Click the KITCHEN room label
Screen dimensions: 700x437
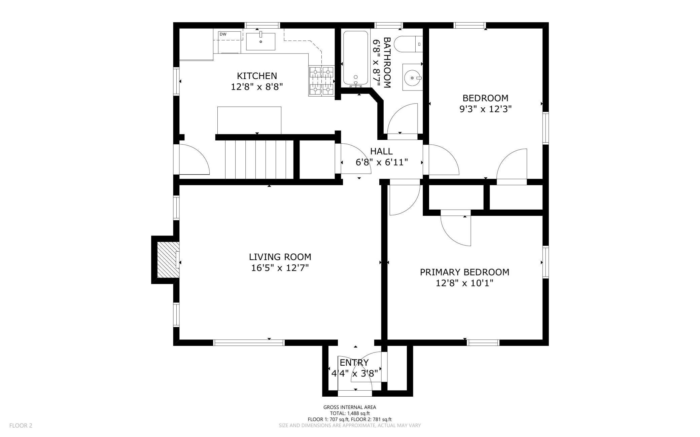(257, 76)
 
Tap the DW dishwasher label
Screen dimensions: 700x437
(223, 34)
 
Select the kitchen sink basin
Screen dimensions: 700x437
(260, 41)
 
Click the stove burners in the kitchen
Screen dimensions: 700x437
(321, 81)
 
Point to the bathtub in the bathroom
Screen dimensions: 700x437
(355, 58)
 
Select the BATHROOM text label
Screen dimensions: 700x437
(387, 63)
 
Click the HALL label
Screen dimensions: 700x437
(381, 151)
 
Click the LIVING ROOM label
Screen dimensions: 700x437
(280, 257)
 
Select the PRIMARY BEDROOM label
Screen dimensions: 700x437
(464, 272)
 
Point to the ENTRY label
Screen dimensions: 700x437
(354, 363)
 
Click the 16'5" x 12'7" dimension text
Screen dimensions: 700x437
(280, 268)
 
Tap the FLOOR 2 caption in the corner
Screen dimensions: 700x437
(21, 426)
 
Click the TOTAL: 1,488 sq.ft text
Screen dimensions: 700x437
(350, 413)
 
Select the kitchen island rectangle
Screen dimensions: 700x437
(249, 120)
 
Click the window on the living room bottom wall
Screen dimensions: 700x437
(249, 343)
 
